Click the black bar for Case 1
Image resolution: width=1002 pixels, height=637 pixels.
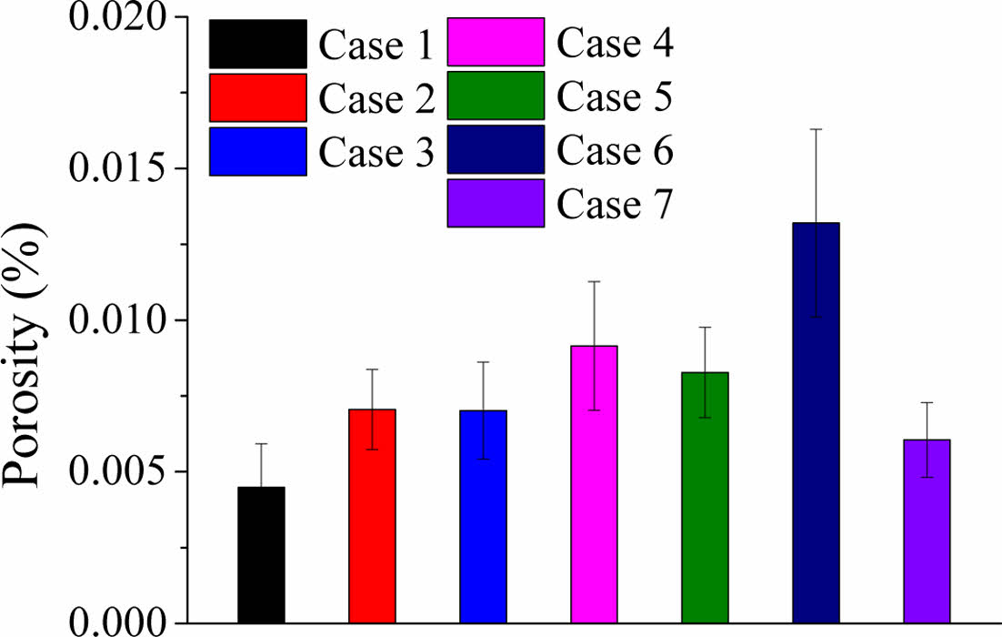tap(261, 555)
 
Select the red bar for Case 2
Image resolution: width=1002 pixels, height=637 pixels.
tap(372, 516)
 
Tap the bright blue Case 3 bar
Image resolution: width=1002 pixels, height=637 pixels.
tap(483, 517)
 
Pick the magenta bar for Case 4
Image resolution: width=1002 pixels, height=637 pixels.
tap(594, 484)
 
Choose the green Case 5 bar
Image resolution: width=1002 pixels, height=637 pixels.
tap(705, 498)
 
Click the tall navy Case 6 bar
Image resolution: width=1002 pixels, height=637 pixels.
tap(816, 423)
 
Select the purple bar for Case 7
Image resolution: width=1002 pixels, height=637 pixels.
tap(927, 531)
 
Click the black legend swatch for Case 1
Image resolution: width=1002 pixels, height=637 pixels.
tap(257, 44)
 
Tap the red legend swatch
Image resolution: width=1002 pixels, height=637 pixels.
tap(257, 97)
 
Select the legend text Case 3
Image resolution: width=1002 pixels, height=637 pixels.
tap(376, 153)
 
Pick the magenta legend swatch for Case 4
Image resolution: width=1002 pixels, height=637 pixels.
tap(496, 42)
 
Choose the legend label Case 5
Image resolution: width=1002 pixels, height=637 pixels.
tap(615, 96)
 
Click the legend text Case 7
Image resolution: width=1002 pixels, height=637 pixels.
tap(615, 205)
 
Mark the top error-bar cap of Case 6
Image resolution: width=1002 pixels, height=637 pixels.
tap(816, 129)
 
